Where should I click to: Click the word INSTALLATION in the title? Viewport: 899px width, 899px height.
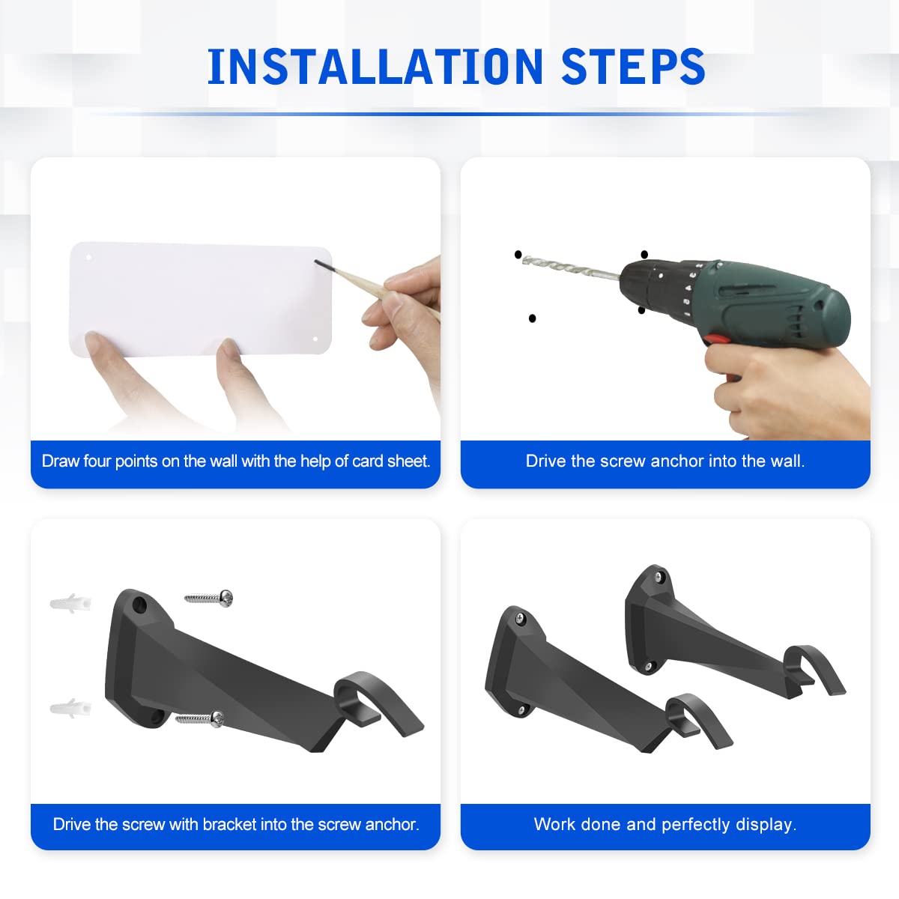click(x=375, y=66)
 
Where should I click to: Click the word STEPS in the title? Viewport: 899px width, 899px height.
click(x=633, y=66)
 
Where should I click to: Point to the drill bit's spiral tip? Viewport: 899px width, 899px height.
click(x=525, y=259)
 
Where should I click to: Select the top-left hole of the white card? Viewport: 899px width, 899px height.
click(x=88, y=257)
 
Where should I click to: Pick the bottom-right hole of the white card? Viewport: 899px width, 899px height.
click(x=315, y=339)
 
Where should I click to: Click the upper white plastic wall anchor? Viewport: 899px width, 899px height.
click(x=70, y=604)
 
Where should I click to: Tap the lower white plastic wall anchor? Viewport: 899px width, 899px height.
click(x=70, y=708)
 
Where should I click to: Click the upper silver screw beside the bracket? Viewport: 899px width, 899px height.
click(x=209, y=598)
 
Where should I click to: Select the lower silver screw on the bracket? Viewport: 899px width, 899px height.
click(x=200, y=718)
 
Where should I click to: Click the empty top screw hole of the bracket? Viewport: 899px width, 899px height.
click(x=139, y=605)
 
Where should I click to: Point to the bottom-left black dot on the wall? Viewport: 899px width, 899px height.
click(x=533, y=318)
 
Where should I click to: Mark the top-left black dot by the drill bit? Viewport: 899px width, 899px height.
click(x=518, y=254)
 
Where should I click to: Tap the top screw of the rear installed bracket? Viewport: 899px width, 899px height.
click(x=659, y=577)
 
